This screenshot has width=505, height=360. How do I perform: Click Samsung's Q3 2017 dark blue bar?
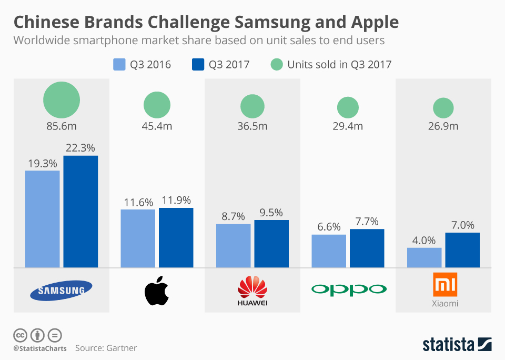[x=80, y=211]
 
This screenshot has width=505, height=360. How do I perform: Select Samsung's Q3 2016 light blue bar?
[x=43, y=218]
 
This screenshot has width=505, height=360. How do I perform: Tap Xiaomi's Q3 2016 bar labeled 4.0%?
[x=424, y=257]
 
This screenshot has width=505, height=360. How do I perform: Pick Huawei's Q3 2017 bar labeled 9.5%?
[x=271, y=243]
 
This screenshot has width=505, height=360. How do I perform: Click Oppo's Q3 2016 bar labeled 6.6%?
[x=329, y=251]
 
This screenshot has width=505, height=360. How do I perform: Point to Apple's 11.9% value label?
[x=176, y=201]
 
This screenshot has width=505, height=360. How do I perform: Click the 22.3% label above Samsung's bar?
[x=80, y=148]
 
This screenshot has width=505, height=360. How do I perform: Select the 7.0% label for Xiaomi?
[x=462, y=225]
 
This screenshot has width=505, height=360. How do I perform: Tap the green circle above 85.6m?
[x=62, y=100]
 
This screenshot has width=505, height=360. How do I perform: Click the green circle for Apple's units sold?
[x=157, y=104]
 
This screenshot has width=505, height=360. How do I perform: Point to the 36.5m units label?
[x=252, y=126]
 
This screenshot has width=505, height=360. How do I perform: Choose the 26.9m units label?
[x=443, y=126]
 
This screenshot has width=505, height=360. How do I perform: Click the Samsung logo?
[x=61, y=290]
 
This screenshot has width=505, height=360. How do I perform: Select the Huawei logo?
[x=252, y=291]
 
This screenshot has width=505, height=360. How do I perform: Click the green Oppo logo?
[x=348, y=289]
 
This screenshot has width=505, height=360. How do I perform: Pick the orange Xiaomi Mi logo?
[x=445, y=285]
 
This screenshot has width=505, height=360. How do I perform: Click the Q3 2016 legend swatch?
[x=119, y=65]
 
